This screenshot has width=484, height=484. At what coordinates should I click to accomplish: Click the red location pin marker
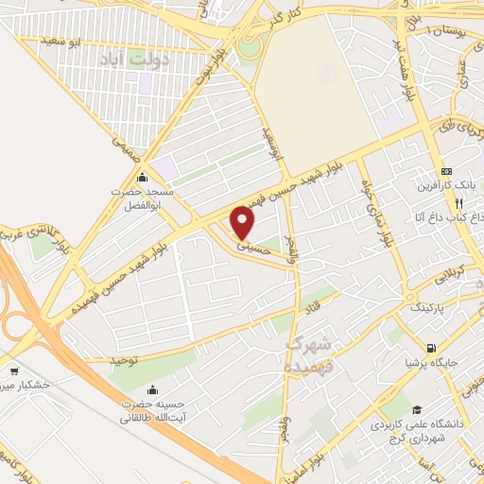244,223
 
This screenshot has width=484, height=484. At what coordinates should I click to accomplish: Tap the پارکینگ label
426,308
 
